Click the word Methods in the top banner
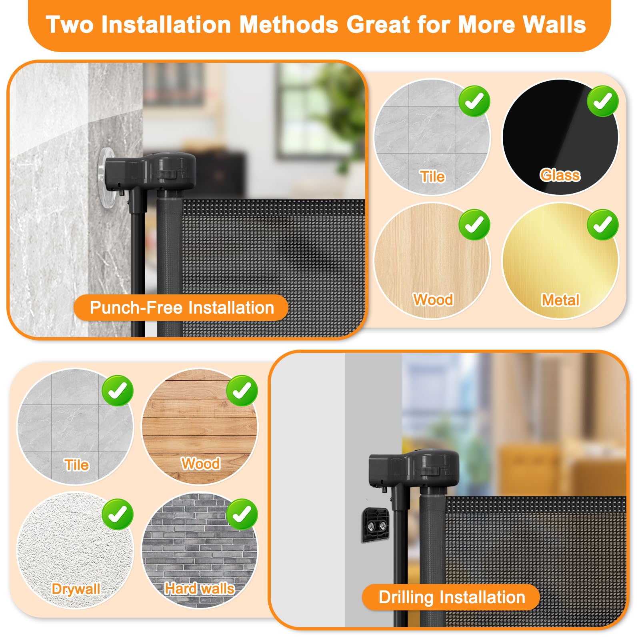[x=288, y=25]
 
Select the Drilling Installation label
[x=451, y=597]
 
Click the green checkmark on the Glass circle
[x=602, y=101]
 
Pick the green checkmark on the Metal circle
[x=602, y=225]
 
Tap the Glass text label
[x=560, y=175]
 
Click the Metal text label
[x=560, y=300]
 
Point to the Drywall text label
[x=76, y=589]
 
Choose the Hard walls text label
[x=200, y=589]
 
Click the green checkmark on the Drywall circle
[x=118, y=514]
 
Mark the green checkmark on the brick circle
[x=242, y=514]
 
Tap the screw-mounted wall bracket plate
[x=375, y=525]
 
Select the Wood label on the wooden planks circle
[x=200, y=464]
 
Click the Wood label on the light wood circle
[x=433, y=300]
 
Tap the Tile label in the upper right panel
[x=432, y=176]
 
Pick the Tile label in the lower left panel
[x=76, y=465]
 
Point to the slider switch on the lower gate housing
[x=429, y=471]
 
